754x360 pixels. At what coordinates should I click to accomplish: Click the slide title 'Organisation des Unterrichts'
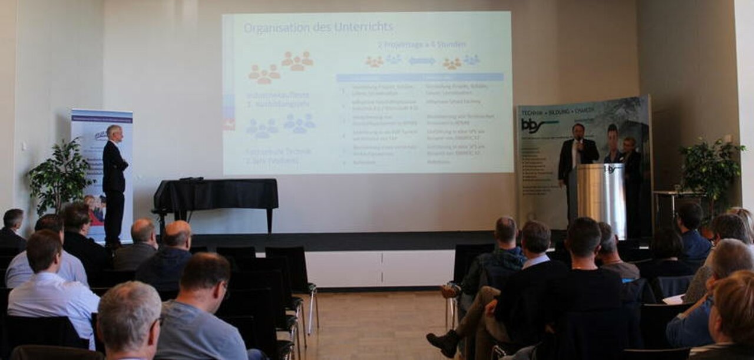coord(319,28)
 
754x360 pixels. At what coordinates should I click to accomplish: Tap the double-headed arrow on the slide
coord(422,61)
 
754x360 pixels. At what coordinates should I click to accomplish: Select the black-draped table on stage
coord(216,194)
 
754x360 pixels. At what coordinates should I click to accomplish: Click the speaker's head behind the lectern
coord(578,130)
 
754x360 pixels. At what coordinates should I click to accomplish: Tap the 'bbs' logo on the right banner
coord(537,125)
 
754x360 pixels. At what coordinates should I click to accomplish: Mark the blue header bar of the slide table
coord(419,77)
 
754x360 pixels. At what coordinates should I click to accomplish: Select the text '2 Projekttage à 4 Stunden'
coord(422,45)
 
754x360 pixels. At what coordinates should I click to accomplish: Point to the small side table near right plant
coord(672,197)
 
